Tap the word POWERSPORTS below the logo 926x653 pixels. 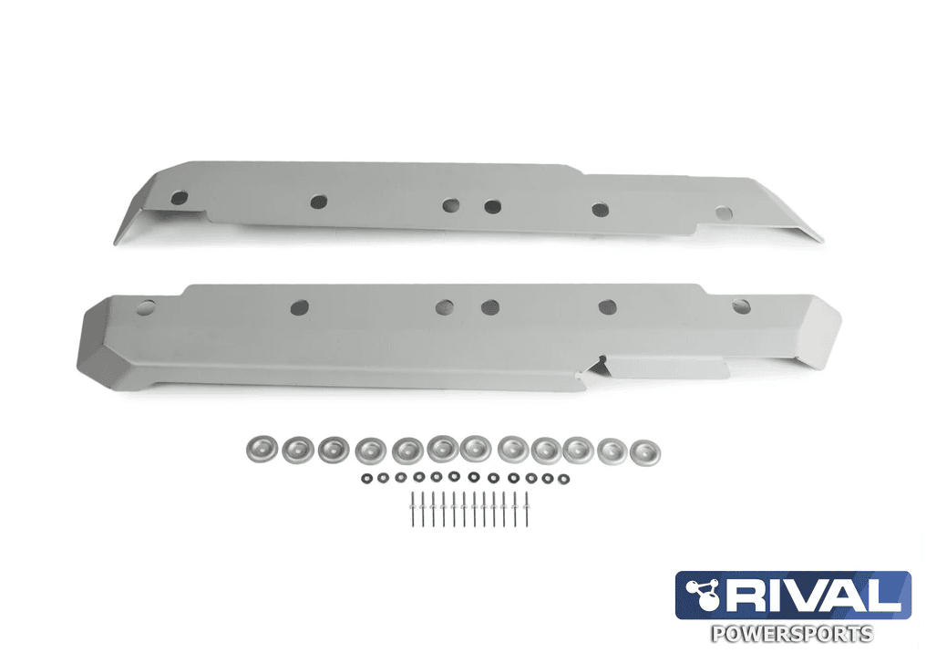click(790, 633)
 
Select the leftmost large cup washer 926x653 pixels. click(260, 448)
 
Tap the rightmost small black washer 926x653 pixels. click(565, 478)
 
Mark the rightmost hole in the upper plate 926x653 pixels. click(723, 212)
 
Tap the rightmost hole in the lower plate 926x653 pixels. click(741, 306)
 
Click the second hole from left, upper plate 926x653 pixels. click(318, 201)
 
